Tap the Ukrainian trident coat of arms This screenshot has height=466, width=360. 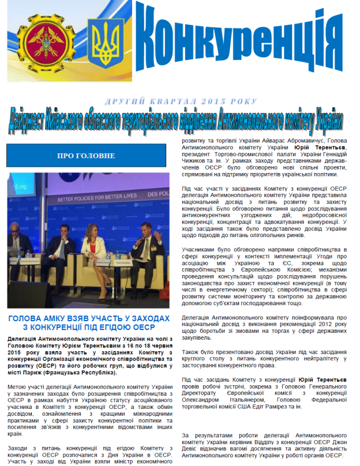coord(104,43)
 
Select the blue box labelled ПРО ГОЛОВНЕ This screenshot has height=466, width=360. coord(86,156)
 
